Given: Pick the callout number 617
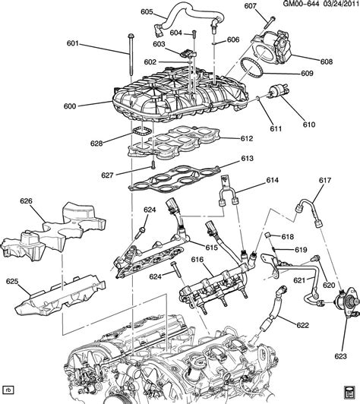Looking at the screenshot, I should click(x=325, y=180).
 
